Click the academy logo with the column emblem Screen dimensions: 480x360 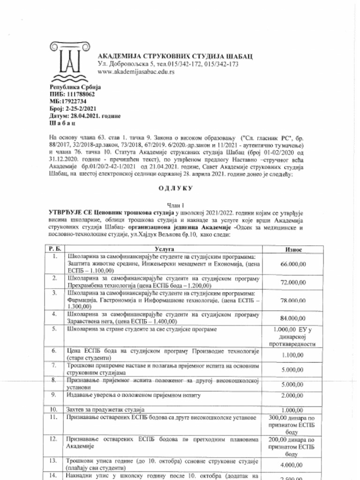pyautogui.click(x=70, y=61)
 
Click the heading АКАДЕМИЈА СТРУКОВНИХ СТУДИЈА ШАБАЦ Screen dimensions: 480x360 pyautogui.click(x=175, y=56)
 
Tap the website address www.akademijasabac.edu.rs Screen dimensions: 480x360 pyautogui.click(x=136, y=72)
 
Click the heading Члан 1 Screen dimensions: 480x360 pyautogui.click(x=180, y=205)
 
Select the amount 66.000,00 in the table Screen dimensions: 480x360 pyautogui.click(x=293, y=264)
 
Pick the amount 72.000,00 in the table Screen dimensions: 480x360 pyautogui.click(x=293, y=283)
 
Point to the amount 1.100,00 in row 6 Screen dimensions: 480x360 pyautogui.click(x=293, y=355)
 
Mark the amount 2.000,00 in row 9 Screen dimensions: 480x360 pyautogui.click(x=293, y=395)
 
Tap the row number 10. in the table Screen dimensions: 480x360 pyautogui.click(x=55, y=409)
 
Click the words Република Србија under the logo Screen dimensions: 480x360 pyautogui.click(x=75, y=87)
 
